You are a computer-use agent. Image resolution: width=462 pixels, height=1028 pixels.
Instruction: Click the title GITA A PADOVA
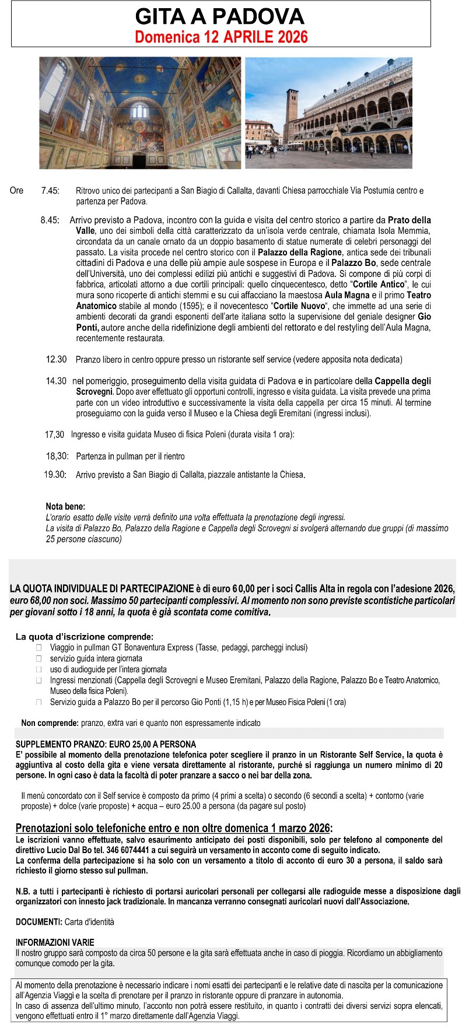[x=220, y=16]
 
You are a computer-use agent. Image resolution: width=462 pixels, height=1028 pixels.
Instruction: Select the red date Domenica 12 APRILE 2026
[x=221, y=37]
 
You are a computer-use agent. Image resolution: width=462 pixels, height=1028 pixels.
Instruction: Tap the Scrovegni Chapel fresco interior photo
[x=140, y=113]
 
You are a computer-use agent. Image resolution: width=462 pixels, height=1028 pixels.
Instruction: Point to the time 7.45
[x=50, y=191]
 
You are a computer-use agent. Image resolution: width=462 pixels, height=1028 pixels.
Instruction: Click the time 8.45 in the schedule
[x=50, y=220]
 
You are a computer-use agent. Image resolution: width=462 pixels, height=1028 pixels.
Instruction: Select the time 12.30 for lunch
[x=57, y=359]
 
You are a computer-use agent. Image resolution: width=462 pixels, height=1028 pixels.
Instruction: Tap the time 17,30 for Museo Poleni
[x=55, y=434]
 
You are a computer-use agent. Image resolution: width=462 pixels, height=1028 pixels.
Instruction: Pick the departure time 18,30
[x=57, y=456]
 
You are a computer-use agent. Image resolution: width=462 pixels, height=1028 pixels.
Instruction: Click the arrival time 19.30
[x=55, y=475]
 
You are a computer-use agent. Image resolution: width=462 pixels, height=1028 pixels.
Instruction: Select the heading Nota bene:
[x=65, y=507]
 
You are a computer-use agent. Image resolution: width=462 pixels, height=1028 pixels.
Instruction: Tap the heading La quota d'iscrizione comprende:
[x=85, y=637]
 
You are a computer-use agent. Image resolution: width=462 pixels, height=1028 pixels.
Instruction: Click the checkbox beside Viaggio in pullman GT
[x=39, y=648]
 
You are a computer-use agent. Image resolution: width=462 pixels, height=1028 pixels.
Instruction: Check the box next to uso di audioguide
[x=39, y=669]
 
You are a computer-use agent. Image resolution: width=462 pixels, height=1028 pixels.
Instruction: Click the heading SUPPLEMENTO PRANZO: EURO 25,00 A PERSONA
[x=106, y=745]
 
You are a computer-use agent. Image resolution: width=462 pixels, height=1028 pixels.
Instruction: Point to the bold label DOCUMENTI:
[x=39, y=922]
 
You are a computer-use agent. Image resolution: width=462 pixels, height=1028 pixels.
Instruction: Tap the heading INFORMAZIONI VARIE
[x=55, y=942]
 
